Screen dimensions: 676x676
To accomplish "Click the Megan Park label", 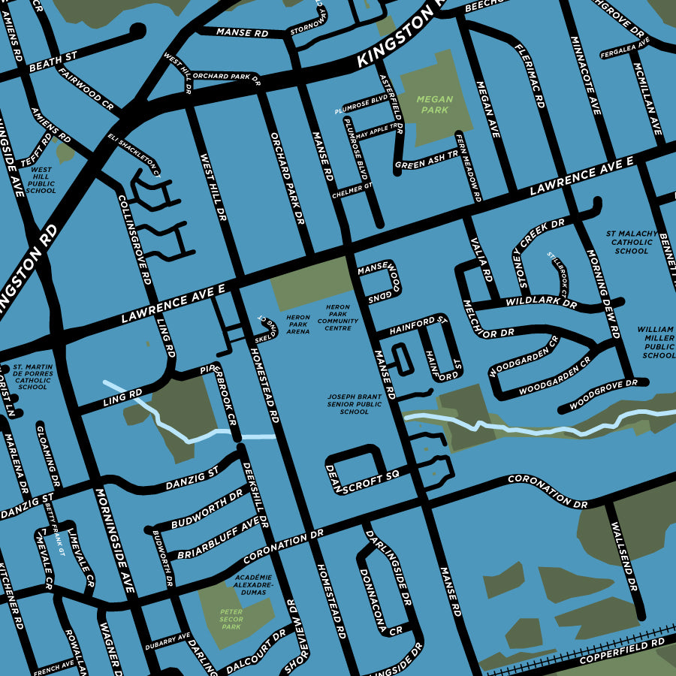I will coord(435,104).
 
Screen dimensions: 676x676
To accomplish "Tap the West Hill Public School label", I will coord(41,181).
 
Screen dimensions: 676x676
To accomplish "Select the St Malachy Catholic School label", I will coord(631,242).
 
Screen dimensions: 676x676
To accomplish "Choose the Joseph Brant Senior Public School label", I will coord(355,404).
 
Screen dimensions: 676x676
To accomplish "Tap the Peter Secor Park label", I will coord(231,619).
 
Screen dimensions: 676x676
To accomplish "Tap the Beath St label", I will coord(53,62).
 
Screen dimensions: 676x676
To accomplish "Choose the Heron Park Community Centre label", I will coord(338,318).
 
